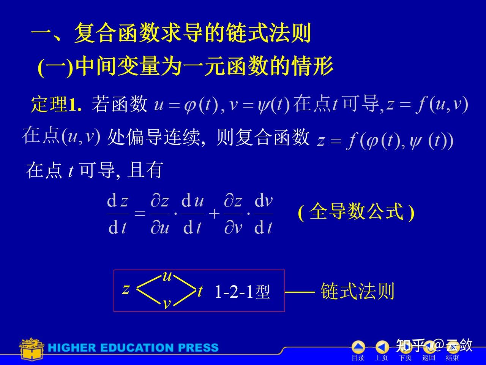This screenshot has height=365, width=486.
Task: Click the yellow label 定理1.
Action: pos(56,104)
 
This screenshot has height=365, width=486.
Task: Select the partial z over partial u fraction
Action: pos(160,214)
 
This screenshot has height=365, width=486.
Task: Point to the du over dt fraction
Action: pos(193,214)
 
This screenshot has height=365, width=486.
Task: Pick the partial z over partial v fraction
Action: pos(233,214)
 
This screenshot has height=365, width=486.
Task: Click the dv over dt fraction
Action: pos(264,214)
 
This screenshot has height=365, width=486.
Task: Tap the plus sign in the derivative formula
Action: pos(214,214)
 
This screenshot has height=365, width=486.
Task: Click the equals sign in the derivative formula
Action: pos(140,214)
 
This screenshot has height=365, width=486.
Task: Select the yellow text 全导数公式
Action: pos(356,211)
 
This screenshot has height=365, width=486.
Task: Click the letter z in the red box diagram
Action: pos(126,289)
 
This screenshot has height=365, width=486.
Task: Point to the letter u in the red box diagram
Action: pos(167,276)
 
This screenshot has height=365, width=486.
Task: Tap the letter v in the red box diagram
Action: pos(167,304)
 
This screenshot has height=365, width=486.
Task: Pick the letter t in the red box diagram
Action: pos(200,291)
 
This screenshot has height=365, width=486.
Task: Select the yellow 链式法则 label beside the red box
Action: pos(357,291)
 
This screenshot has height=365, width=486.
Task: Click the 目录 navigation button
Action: pos(358,350)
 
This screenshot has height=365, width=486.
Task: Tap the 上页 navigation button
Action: pos(382,350)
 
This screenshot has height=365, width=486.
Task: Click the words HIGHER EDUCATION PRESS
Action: pos(133,348)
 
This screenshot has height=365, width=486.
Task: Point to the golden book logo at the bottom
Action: pos(32,349)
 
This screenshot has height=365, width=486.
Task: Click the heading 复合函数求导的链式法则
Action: pos(193,33)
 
